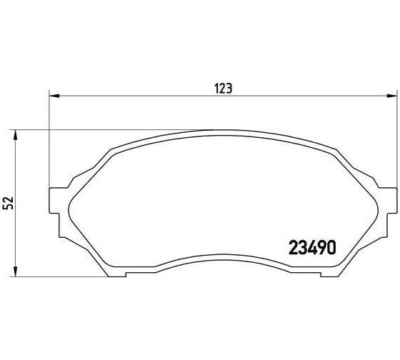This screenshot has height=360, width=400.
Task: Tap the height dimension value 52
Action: (9, 203)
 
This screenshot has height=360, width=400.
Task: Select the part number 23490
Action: (311, 247)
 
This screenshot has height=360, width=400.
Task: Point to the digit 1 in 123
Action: (217, 89)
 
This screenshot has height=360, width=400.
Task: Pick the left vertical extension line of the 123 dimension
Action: (49, 143)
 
